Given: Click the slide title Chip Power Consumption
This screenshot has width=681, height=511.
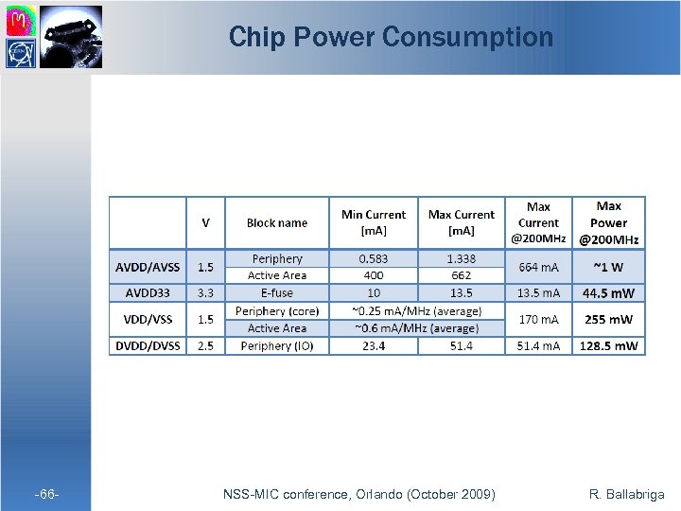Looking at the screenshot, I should [x=391, y=37].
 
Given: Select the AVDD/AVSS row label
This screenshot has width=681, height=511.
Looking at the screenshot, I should [x=148, y=267].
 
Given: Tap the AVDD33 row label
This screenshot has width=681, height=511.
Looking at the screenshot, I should [x=148, y=293].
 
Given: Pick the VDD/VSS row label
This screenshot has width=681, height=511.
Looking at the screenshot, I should [x=148, y=320].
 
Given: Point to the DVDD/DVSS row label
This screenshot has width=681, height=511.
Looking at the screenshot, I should [x=148, y=346].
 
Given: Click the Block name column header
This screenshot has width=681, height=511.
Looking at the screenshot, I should [x=276, y=223].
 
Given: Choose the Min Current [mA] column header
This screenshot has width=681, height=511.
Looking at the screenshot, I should [x=373, y=222].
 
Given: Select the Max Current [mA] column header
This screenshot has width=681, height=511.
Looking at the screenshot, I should [x=461, y=222].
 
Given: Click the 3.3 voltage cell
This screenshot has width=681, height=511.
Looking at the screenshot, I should [x=205, y=293].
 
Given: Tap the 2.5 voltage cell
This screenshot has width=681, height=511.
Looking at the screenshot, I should [x=205, y=346].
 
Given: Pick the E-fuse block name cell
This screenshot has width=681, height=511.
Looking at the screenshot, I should [x=276, y=293].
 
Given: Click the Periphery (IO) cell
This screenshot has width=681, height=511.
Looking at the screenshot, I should [x=276, y=346].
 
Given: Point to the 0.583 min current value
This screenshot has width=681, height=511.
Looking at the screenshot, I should [x=373, y=258].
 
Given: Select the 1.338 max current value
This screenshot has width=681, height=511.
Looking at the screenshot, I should [x=461, y=258].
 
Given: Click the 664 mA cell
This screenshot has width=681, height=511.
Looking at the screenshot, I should [x=538, y=267].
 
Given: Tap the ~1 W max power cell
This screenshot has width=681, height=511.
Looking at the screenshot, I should [x=609, y=267].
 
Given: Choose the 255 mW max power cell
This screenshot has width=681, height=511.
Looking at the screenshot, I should [x=609, y=320].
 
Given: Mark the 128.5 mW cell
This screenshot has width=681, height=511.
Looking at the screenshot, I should [x=609, y=346].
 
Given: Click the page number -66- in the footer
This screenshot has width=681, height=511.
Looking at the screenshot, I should [x=47, y=494].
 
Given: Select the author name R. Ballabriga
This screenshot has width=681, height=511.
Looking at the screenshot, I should [x=626, y=494].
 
